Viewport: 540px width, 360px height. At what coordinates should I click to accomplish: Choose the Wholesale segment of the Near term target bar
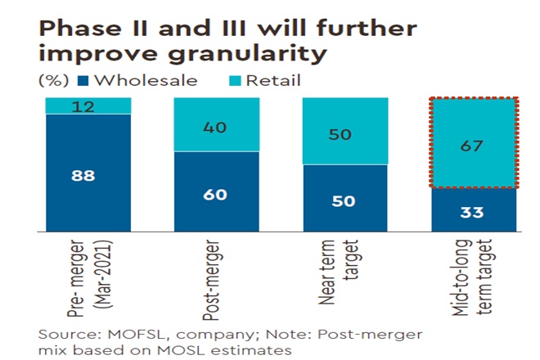(x=345, y=198)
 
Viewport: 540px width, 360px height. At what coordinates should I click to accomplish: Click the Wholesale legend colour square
(x=82, y=81)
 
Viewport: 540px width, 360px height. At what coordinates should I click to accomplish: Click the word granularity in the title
(x=237, y=54)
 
